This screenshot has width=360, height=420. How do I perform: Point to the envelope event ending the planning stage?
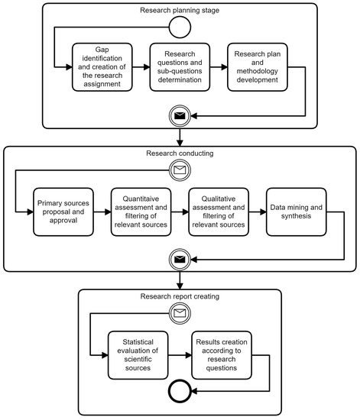(179, 116)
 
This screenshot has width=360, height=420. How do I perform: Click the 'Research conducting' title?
(179, 153)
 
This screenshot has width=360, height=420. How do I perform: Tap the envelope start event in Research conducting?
(179, 170)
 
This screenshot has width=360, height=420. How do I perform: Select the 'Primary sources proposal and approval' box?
(61, 209)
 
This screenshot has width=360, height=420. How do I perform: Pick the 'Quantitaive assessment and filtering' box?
(140, 209)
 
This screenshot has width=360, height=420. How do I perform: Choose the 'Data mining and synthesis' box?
(297, 209)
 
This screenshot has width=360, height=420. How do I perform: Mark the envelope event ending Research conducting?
(179, 259)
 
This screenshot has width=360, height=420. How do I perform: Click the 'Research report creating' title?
(179, 296)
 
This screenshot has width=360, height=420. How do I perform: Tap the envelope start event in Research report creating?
(179, 313)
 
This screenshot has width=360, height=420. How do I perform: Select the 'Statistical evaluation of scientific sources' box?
(139, 355)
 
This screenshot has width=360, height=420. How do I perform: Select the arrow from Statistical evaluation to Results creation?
(179, 355)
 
